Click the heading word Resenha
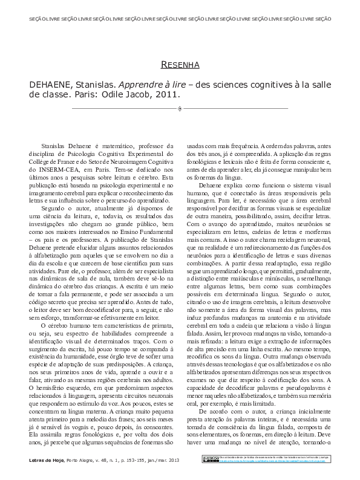pyautogui.click(x=180, y=64)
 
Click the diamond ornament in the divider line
pyautogui.click(x=180, y=109)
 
